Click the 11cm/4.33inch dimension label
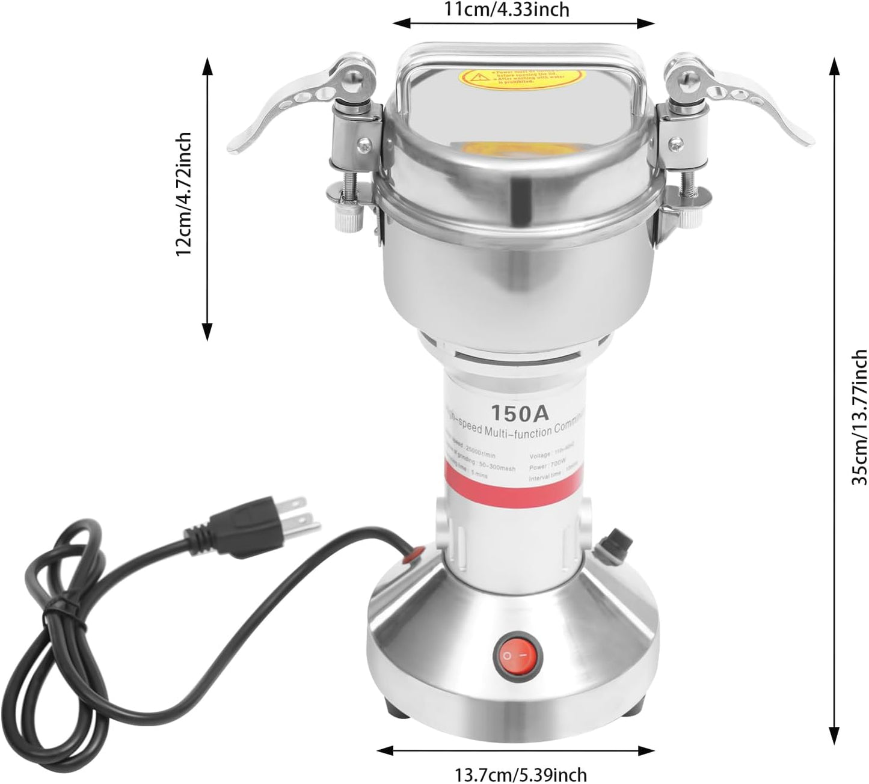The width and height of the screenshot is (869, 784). click(523, 9)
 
